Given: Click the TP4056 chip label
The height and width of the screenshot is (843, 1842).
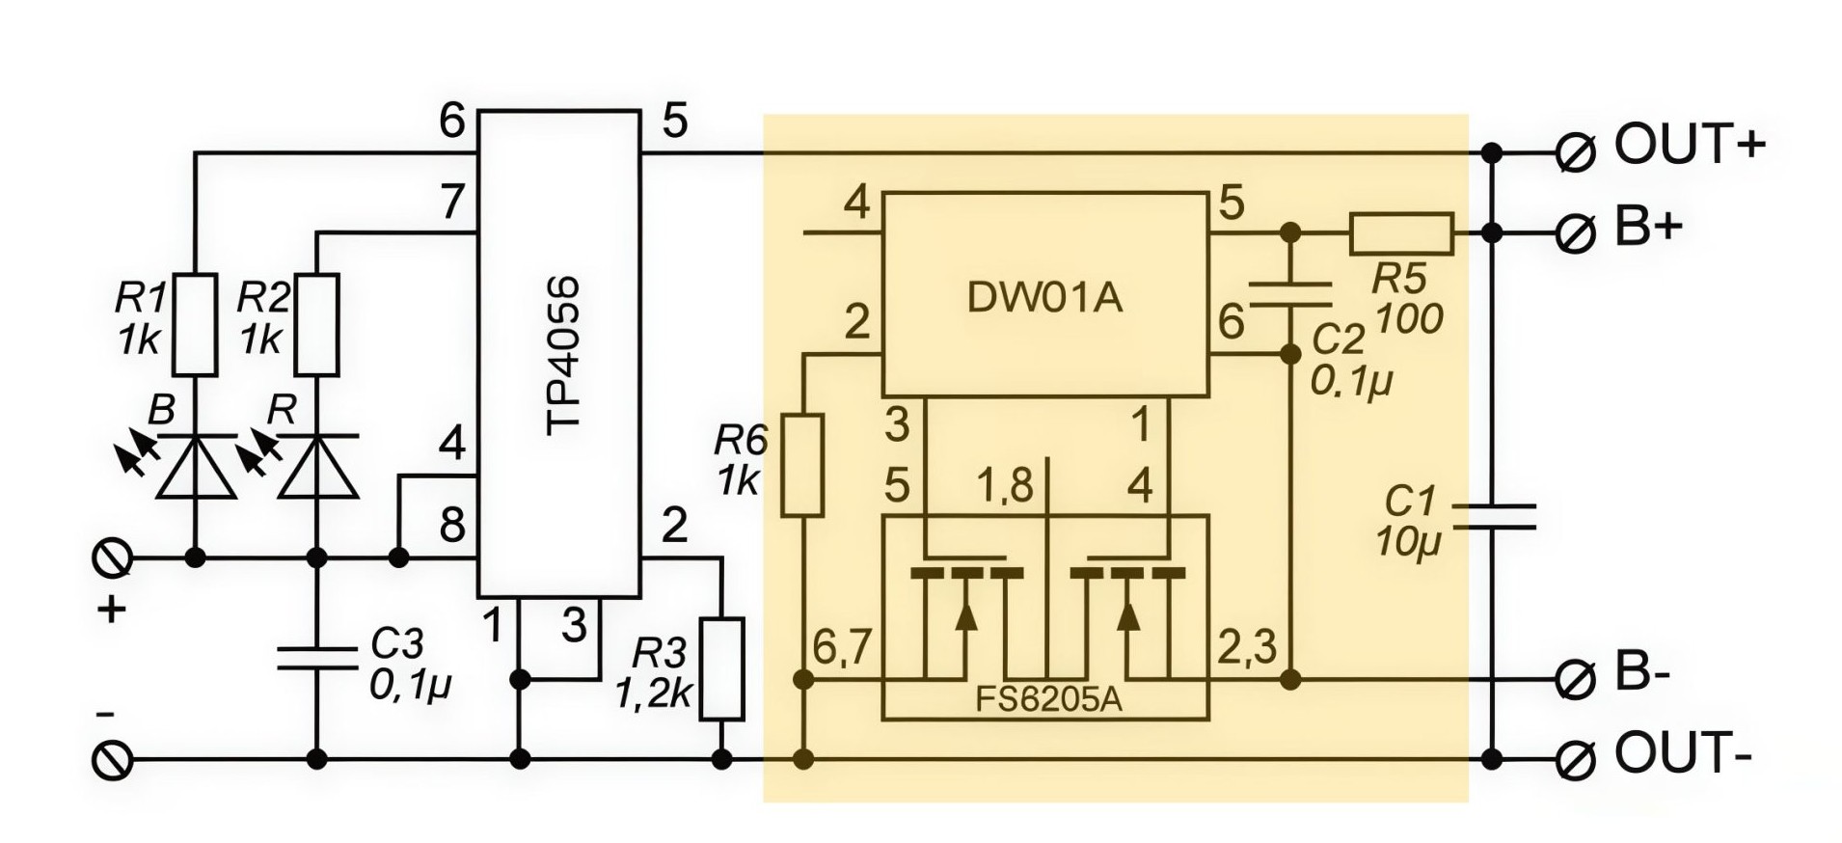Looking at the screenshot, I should tap(562, 356).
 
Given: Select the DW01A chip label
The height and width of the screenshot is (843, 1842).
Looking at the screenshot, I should tap(1044, 298).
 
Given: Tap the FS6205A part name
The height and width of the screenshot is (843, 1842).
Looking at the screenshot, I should tap(1048, 699).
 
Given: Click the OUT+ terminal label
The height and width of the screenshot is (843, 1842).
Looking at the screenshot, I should tap(1690, 146).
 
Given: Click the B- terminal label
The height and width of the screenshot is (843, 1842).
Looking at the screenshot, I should tap(1641, 674).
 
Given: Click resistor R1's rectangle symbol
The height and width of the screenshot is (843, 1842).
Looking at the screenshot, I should tap(195, 324).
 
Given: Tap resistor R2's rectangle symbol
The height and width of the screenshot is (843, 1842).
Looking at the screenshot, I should tap(316, 324).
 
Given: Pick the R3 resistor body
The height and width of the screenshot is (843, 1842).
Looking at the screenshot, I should tap(721, 669).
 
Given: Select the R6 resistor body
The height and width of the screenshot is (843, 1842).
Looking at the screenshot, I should tap(802, 465).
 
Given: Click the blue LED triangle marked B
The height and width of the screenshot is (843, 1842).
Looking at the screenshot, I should tap(195, 467).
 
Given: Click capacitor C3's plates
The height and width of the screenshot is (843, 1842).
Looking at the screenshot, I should tap(316, 658).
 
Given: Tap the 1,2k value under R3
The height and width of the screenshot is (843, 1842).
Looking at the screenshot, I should tap(654, 693).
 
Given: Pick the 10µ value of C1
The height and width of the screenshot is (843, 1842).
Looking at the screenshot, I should tap(1407, 543).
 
